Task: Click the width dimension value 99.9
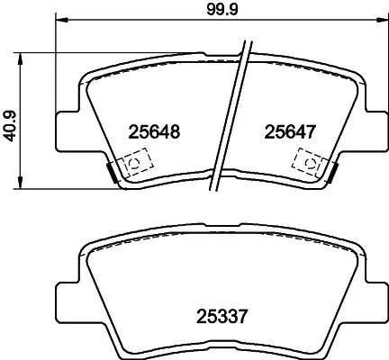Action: pos(214,12)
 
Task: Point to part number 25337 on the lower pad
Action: pos(222,316)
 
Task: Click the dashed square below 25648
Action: pos(134,163)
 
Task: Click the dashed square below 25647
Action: pos(308,163)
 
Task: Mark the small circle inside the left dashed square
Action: pos(134,163)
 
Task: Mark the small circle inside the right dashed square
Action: pos(309,163)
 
